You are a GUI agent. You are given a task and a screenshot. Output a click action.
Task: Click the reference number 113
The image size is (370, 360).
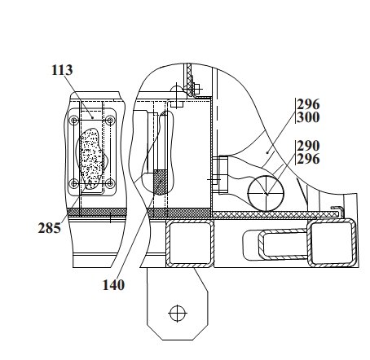click(x=62, y=70)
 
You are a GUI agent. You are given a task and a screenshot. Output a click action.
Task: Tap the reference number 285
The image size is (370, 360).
click(x=49, y=228)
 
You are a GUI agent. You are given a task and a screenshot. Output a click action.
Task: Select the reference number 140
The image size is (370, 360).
click(x=113, y=285)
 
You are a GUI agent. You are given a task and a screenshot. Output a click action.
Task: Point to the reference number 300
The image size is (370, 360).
click(x=308, y=117)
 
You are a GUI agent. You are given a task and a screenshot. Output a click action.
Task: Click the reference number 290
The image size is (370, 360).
click(x=308, y=146)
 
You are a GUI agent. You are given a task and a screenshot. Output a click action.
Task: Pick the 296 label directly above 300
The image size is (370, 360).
click(x=308, y=104)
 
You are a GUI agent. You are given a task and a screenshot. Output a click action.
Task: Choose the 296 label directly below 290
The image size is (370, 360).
click(x=308, y=159)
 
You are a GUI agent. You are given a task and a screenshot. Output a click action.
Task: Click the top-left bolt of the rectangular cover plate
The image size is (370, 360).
click(x=74, y=121)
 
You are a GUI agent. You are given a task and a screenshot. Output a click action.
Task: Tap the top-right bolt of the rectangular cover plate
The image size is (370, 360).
click(x=110, y=120)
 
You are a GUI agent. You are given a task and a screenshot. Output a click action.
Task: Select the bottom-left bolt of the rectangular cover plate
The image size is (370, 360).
click(x=74, y=183)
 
